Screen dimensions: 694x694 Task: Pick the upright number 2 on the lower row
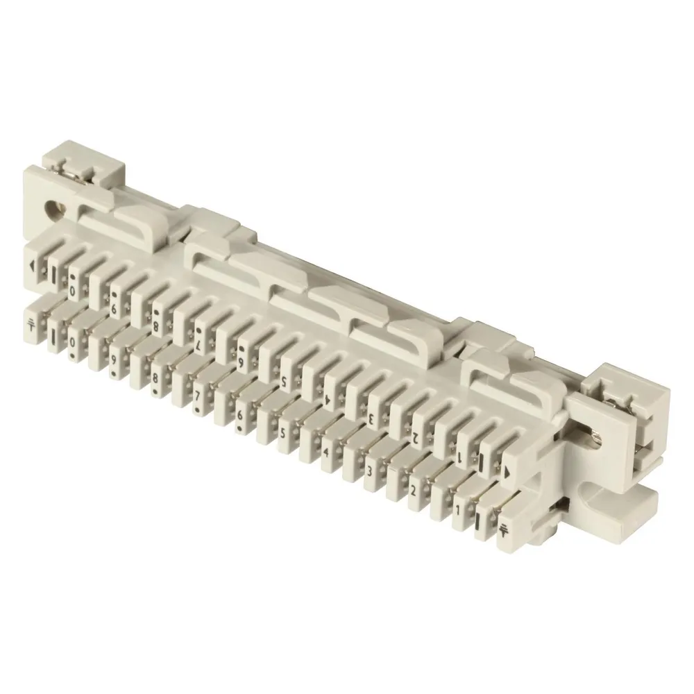pyautogui.click(x=413, y=491)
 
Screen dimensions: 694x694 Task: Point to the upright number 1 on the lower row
pyautogui.click(x=457, y=511)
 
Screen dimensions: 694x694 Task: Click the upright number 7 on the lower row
pyautogui.click(x=197, y=395)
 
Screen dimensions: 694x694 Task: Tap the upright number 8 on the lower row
pyautogui.click(x=155, y=377)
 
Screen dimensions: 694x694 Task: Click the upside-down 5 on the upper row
pyautogui.click(x=284, y=380)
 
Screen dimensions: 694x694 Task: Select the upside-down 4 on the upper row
pyautogui.click(x=327, y=400)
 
